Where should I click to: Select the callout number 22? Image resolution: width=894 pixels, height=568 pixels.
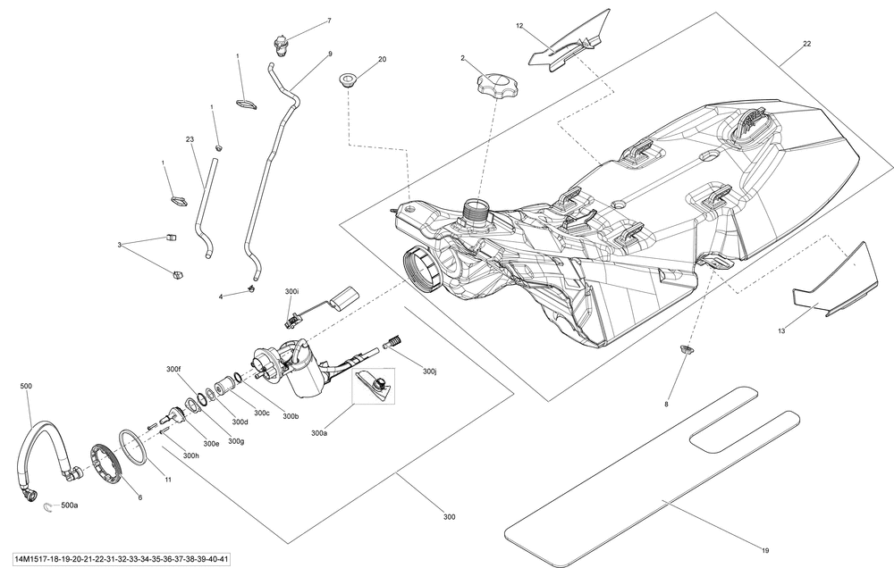tap(806, 43)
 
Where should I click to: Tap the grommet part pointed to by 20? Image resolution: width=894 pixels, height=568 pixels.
tap(347, 79)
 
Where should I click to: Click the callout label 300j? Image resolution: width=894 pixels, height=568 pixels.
tap(429, 371)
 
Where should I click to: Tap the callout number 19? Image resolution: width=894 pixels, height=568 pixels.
tap(764, 550)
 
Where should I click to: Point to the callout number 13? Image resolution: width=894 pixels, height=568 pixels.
tap(781, 330)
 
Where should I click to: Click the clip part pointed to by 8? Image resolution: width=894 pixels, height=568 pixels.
tap(687, 348)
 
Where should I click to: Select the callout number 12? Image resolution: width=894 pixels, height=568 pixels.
tap(519, 26)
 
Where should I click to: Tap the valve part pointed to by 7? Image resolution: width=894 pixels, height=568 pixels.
tap(280, 45)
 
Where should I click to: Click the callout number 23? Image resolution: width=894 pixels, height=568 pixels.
tap(190, 139)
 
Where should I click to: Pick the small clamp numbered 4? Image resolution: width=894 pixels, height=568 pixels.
tap(251, 289)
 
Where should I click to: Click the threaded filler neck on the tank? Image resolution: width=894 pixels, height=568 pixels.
tap(477, 210)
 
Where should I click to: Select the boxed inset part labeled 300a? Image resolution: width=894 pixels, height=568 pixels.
tap(375, 385)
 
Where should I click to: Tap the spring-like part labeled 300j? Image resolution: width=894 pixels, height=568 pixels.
tap(392, 342)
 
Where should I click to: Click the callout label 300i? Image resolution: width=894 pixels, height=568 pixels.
tap(291, 291)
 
